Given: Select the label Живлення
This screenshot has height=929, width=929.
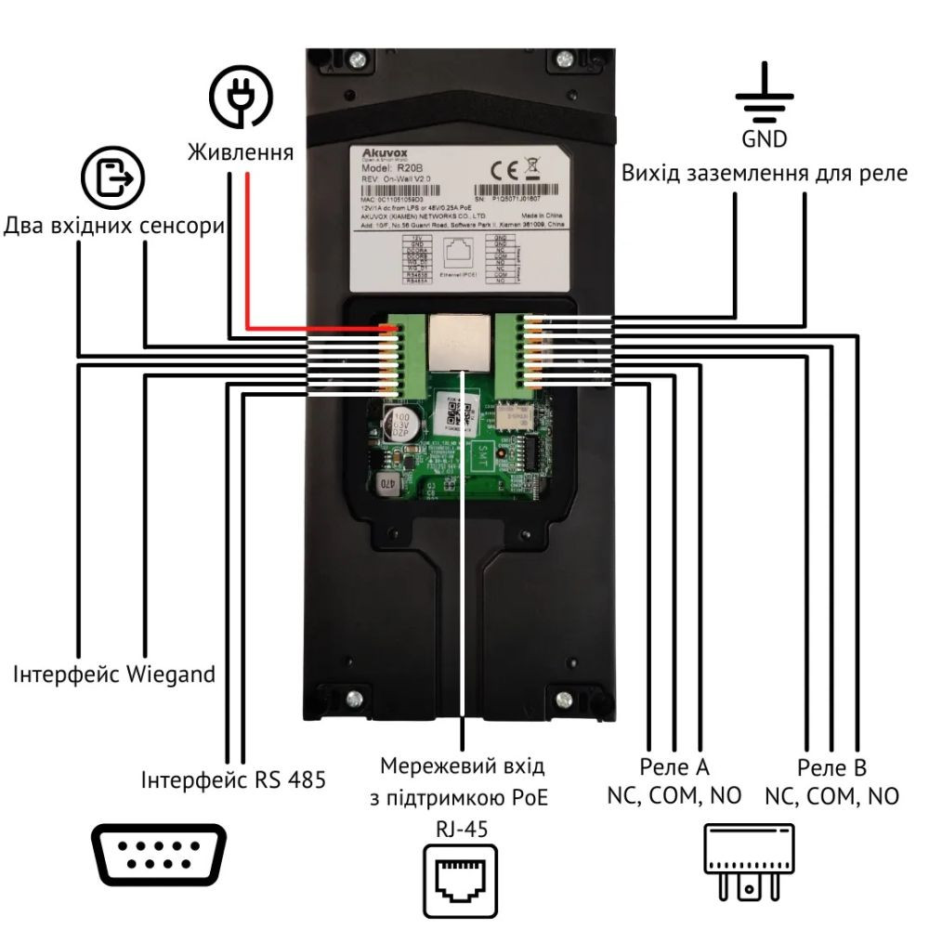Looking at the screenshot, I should (x=241, y=152).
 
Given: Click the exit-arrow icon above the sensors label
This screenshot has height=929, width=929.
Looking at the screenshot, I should (x=113, y=178).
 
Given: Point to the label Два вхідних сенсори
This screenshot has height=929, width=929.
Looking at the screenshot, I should (x=115, y=227).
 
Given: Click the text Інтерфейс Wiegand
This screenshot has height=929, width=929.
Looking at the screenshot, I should (x=113, y=674).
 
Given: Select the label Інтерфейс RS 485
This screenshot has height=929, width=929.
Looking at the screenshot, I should (x=233, y=779).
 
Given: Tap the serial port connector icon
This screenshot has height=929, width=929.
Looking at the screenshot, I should (x=159, y=857).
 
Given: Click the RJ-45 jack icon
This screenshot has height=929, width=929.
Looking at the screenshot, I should (x=461, y=878).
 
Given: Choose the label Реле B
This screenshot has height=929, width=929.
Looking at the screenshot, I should (x=831, y=768).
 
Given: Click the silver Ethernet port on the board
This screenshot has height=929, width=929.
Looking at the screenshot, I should (x=461, y=341).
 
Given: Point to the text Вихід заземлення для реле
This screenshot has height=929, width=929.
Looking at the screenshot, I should (x=764, y=175).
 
